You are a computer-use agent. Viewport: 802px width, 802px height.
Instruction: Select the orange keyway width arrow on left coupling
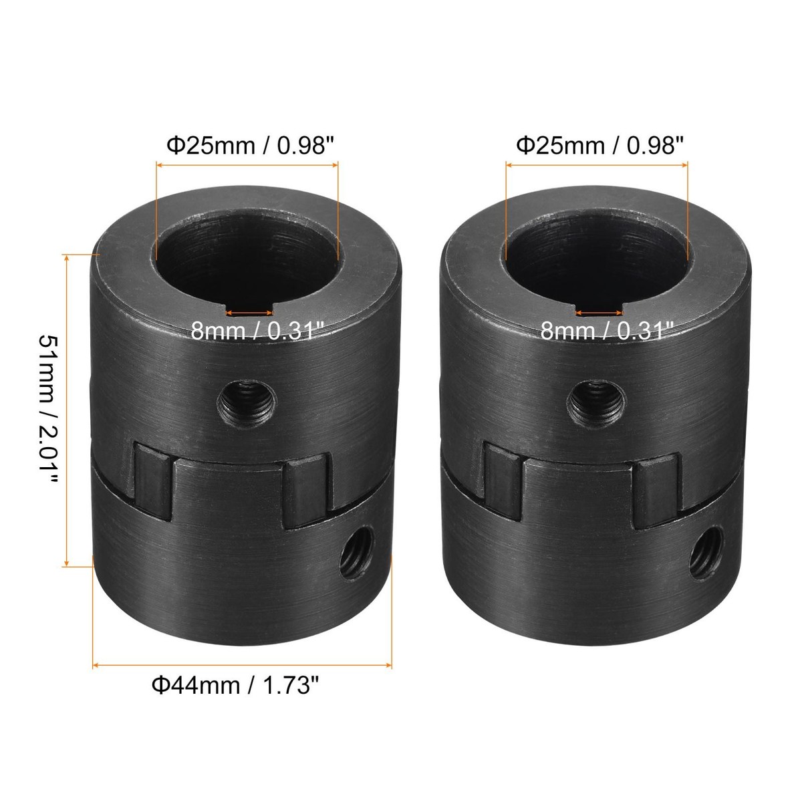(250, 312)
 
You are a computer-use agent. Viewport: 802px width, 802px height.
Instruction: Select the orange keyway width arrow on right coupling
(599, 312)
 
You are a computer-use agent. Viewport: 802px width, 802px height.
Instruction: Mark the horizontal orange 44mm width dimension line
(241, 665)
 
